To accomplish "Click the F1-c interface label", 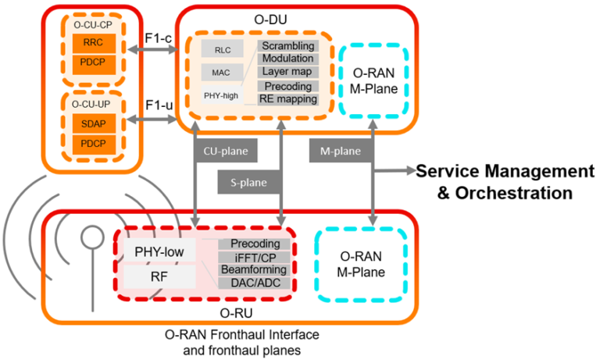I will tap(159, 37).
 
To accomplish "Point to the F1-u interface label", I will tap(159, 105).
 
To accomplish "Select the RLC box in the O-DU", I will tap(217, 49).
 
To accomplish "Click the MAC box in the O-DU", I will tap(217, 73).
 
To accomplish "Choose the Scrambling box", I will tap(288, 46).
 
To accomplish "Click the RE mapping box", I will tap(288, 99).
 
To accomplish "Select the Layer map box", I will tap(288, 72).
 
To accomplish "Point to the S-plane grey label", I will tap(248, 183).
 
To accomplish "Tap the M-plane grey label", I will tap(341, 148).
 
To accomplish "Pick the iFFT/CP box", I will tap(254, 257).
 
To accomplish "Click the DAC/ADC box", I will tap(254, 282).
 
